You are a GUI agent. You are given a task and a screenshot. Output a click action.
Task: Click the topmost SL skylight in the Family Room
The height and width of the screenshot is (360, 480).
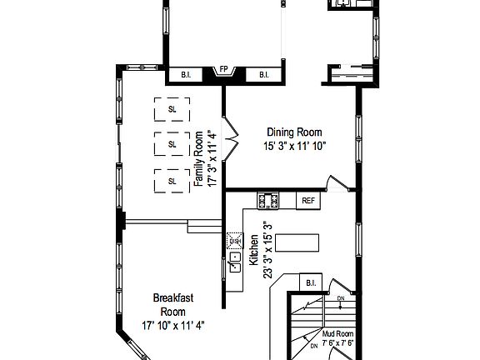[172, 109]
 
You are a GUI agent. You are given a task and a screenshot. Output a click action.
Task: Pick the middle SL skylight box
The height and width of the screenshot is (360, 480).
[172, 144]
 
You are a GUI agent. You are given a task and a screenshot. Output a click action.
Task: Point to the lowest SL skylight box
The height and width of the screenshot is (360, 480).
[172, 181]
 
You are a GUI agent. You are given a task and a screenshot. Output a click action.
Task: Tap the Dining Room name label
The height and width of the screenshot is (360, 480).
[293, 132]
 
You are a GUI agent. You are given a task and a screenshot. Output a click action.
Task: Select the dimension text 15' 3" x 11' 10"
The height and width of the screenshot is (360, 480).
[293, 145]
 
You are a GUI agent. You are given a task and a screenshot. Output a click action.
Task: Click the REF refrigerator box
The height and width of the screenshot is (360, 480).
[308, 201]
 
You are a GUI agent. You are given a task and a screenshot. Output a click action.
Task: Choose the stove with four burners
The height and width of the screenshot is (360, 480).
[269, 201]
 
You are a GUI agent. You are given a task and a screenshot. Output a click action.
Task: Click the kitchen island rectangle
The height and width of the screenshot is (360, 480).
[297, 243]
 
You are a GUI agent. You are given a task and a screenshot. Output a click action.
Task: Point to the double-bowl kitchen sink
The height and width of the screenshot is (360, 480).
[234, 257]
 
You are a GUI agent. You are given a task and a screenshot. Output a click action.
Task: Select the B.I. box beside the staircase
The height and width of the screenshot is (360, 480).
[312, 283]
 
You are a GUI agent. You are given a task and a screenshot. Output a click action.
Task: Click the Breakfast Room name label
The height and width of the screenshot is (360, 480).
[172, 304]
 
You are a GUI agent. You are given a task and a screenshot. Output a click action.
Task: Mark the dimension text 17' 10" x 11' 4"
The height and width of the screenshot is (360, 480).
[172, 325]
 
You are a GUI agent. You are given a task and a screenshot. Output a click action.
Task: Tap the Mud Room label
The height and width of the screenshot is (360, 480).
[338, 333]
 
